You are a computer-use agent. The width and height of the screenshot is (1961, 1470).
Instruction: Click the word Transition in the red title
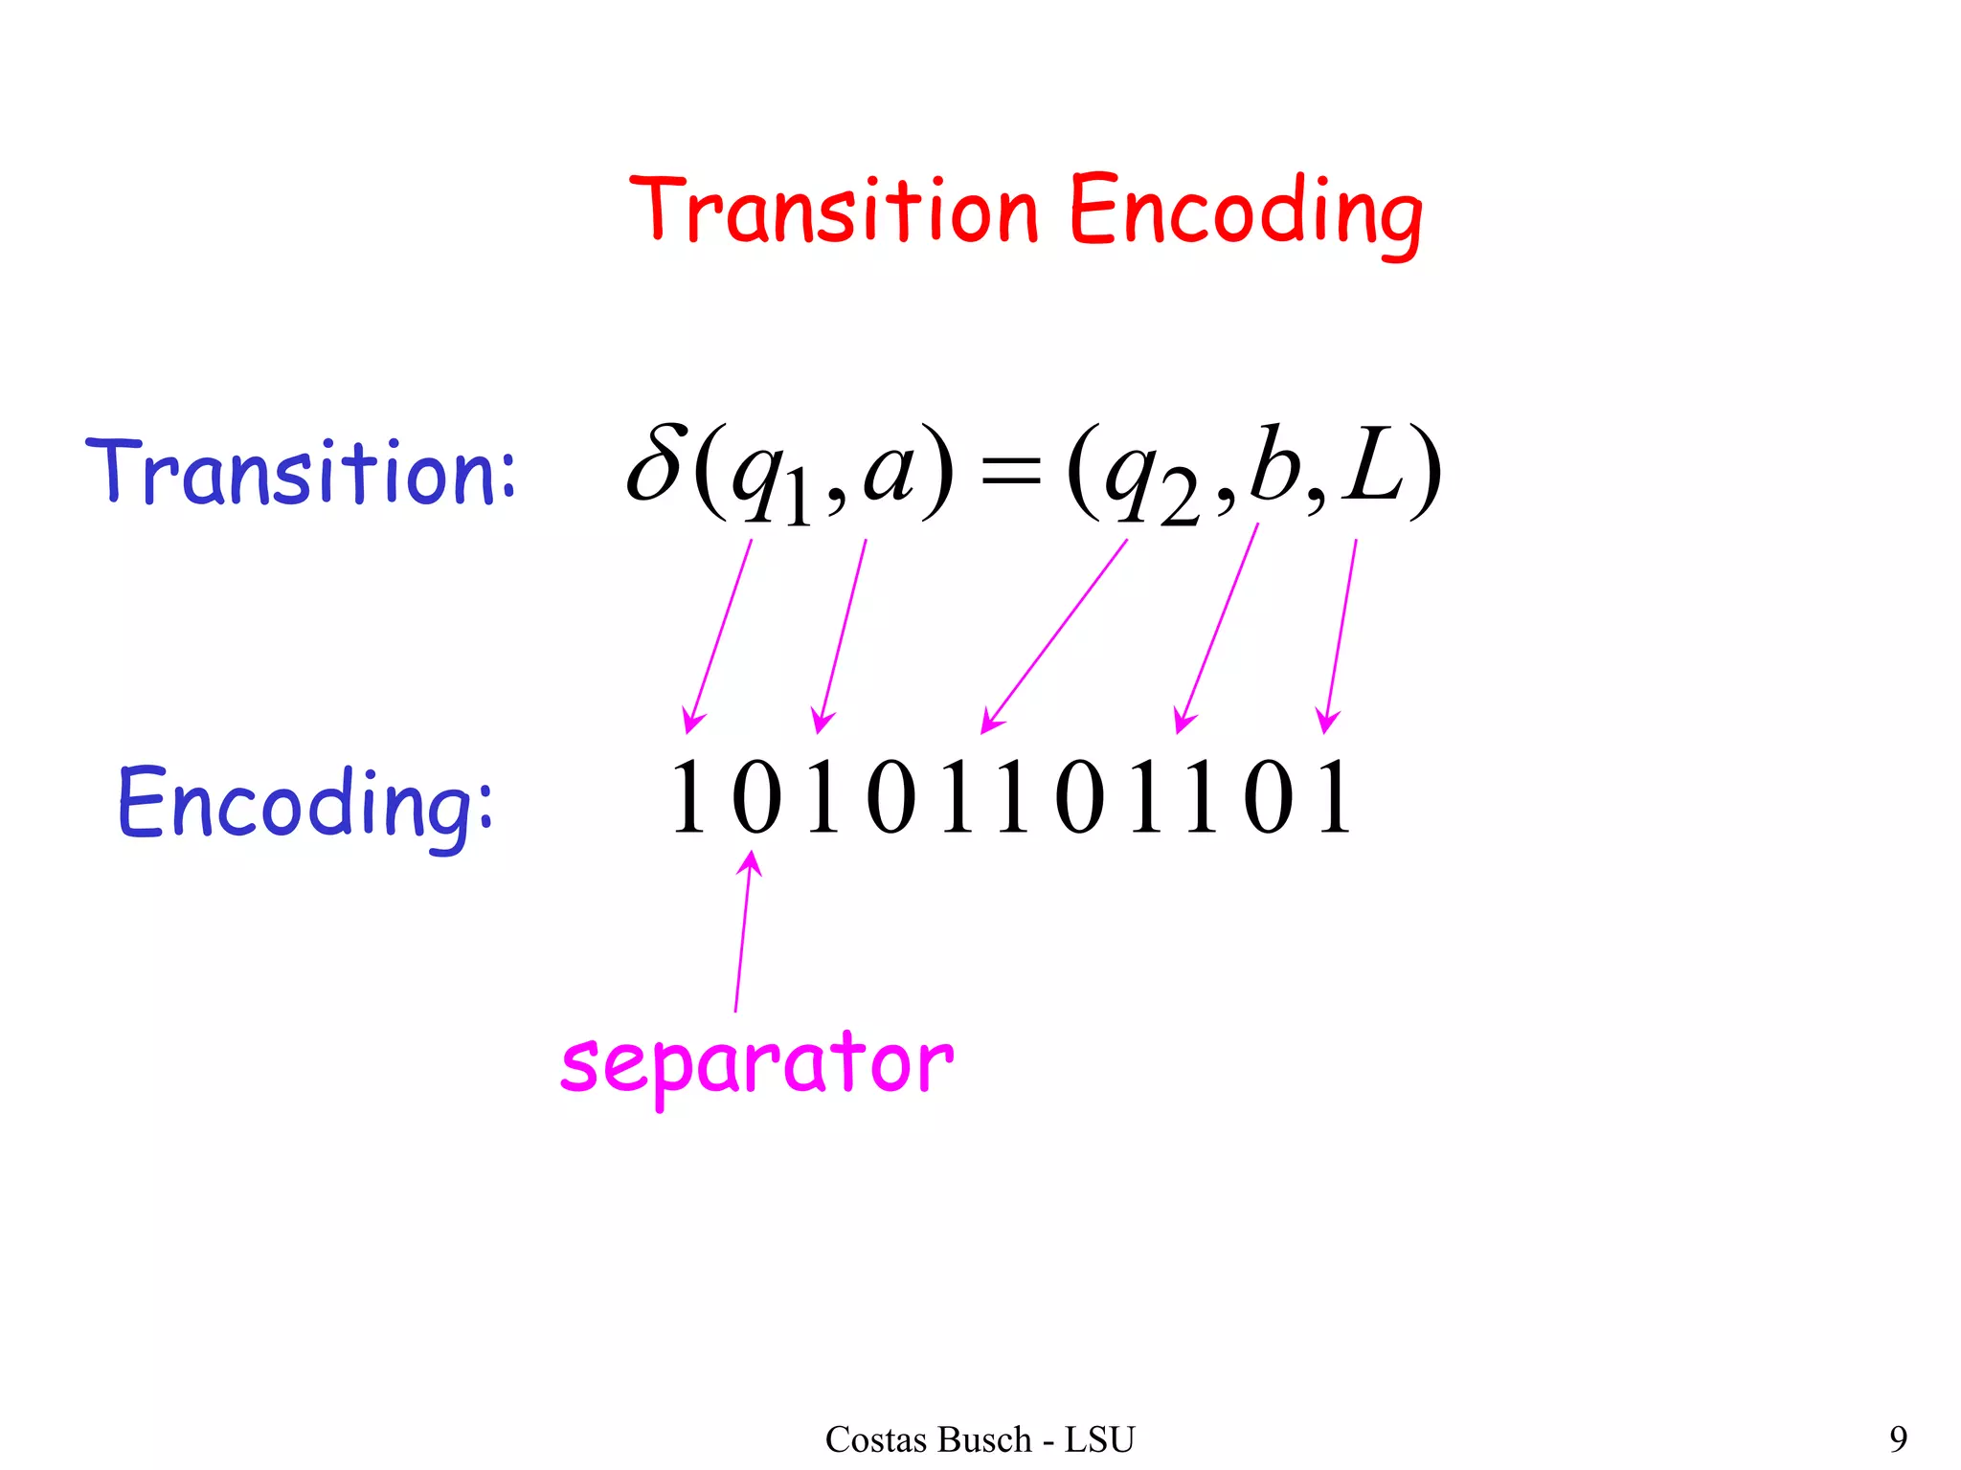tap(833, 211)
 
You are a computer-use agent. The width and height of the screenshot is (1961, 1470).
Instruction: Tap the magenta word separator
tap(756, 1064)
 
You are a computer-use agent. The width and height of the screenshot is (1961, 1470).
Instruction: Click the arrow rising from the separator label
tap(743, 933)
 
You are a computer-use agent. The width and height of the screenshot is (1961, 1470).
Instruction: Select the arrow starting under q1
tap(718, 636)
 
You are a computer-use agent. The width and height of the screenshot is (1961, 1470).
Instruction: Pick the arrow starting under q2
tap(1053, 636)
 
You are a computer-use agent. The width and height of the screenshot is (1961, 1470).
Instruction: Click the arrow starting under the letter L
tap(1341, 636)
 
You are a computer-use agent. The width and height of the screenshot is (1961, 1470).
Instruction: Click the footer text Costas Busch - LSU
tap(980, 1439)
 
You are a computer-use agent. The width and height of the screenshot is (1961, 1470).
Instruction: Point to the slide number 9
tap(1898, 1438)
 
